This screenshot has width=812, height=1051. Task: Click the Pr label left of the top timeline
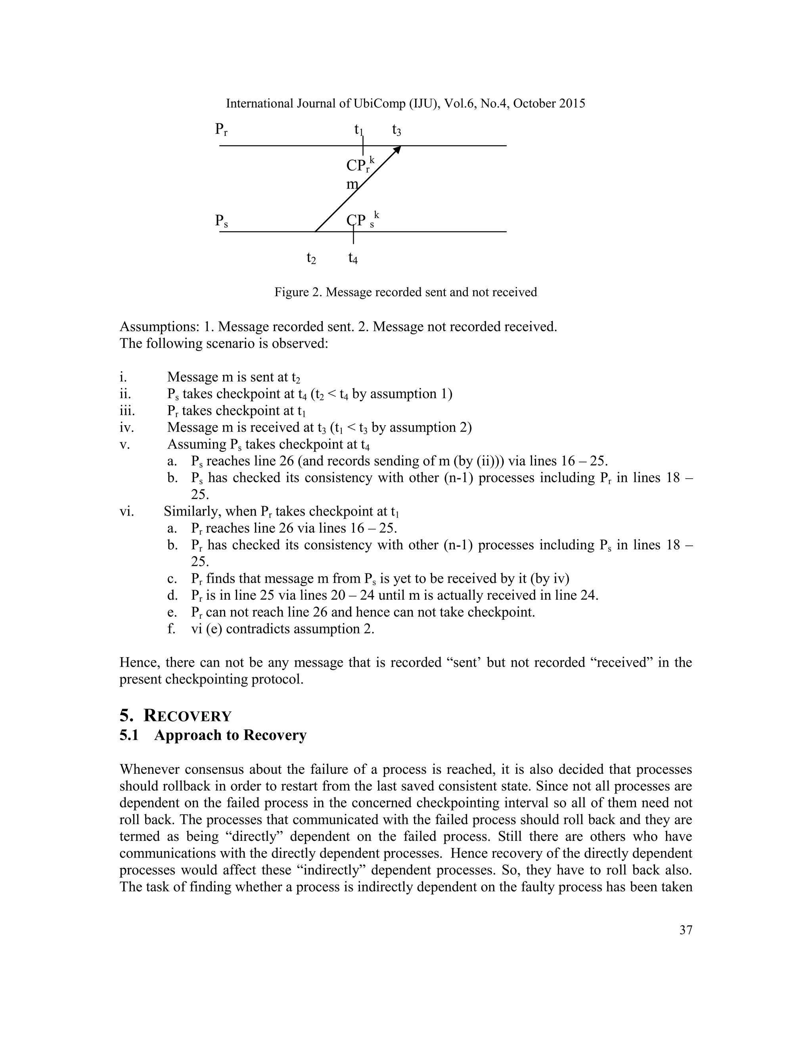[221, 129]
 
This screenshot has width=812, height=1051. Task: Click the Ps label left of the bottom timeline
[221, 221]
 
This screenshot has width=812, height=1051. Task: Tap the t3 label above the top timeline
[396, 129]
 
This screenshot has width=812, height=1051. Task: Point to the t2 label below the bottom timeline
[311, 259]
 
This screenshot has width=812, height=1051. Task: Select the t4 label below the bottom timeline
[353, 259]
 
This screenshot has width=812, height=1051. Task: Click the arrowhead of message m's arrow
[397, 150]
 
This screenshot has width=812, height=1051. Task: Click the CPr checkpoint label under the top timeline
[359, 165]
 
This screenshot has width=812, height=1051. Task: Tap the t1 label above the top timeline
[358, 129]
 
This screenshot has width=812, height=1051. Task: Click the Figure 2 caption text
[406, 292]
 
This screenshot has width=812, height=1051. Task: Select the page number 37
[686, 930]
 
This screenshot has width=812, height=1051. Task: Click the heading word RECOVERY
[188, 715]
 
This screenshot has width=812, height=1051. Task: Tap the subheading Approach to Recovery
[230, 735]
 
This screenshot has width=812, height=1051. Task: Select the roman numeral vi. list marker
[126, 512]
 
